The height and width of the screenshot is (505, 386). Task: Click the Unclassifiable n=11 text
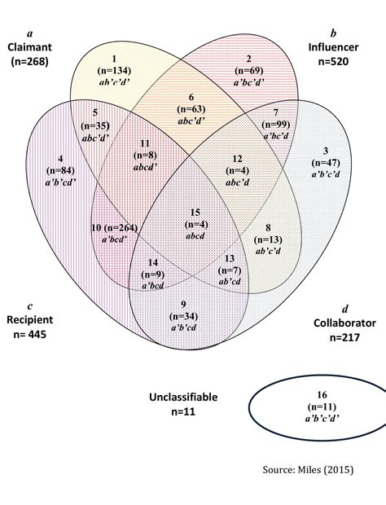183,405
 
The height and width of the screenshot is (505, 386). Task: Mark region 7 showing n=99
276,124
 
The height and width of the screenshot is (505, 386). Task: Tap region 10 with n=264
115,233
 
